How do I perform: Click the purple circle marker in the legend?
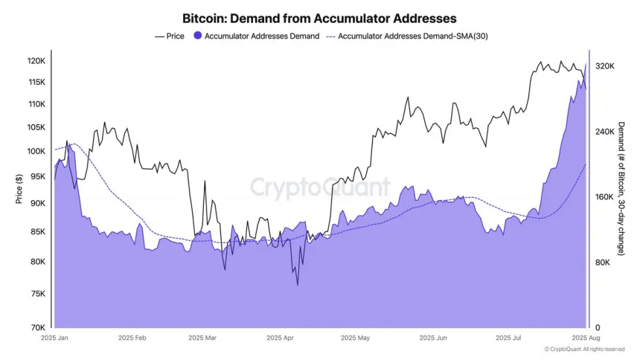(x=197, y=36)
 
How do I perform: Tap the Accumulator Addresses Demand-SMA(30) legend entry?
(x=412, y=36)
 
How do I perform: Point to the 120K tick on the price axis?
(x=37, y=60)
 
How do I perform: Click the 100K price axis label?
(x=37, y=152)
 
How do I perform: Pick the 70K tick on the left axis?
(x=39, y=327)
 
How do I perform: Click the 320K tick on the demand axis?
(x=604, y=66)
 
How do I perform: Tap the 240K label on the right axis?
(x=604, y=132)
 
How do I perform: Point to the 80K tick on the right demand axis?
(x=602, y=263)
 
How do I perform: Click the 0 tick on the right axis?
(x=595, y=327)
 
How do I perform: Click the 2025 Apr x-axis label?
(x=278, y=338)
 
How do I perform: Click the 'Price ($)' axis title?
(x=18, y=189)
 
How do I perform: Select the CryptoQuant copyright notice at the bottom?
(x=584, y=349)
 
